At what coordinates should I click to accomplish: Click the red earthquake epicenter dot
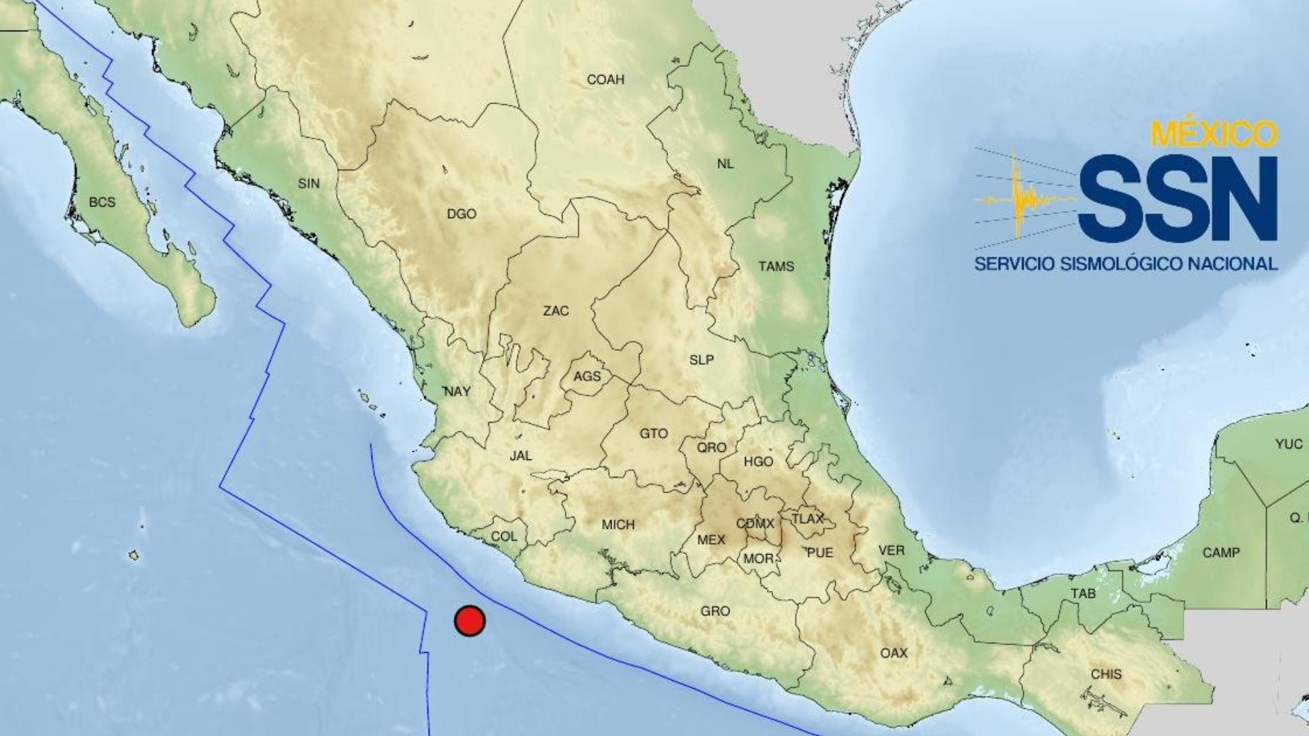[x=470, y=621]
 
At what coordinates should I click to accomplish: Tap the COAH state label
[x=605, y=80]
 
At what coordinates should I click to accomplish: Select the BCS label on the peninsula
[x=102, y=202]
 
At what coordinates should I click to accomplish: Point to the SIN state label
[x=309, y=183]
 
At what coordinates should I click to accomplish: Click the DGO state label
[x=462, y=214]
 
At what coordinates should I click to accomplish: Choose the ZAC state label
[x=556, y=311]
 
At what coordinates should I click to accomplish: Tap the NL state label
[x=725, y=164]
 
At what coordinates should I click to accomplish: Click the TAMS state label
[x=776, y=266]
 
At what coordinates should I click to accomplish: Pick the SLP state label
[x=702, y=360]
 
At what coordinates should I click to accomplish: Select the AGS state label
[x=587, y=376]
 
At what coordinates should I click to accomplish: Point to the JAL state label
[x=521, y=455]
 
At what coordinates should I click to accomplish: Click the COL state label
[x=504, y=536]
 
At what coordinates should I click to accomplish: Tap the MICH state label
[x=618, y=525]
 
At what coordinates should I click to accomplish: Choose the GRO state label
[x=715, y=611]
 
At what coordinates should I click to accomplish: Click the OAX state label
[x=894, y=653]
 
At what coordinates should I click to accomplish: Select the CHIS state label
[x=1106, y=674]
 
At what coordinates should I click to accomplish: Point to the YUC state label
[x=1289, y=444]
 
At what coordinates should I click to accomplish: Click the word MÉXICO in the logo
[x=1214, y=135]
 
